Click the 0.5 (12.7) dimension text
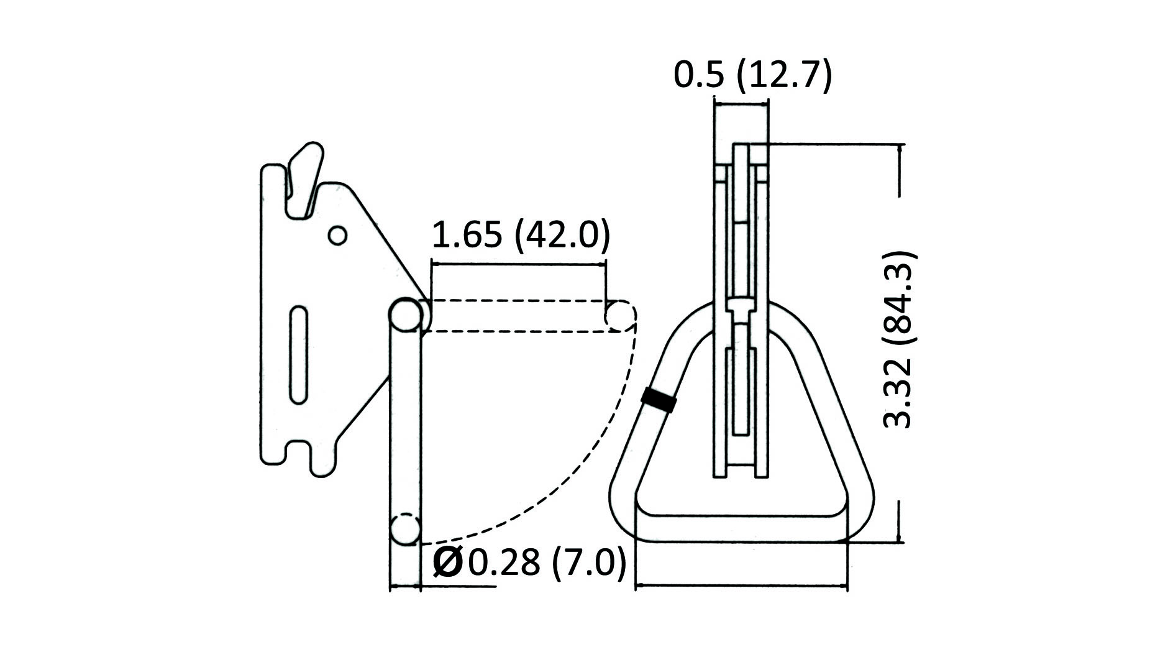point(752,76)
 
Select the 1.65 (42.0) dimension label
point(521,235)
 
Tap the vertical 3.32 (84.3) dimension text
point(899,339)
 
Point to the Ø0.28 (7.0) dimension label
point(529,563)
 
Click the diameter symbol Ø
point(447,563)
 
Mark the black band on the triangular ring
point(659,400)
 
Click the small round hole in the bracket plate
point(337,236)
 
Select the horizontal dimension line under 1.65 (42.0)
point(519,264)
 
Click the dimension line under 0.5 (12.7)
point(741,103)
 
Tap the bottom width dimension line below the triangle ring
point(741,586)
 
